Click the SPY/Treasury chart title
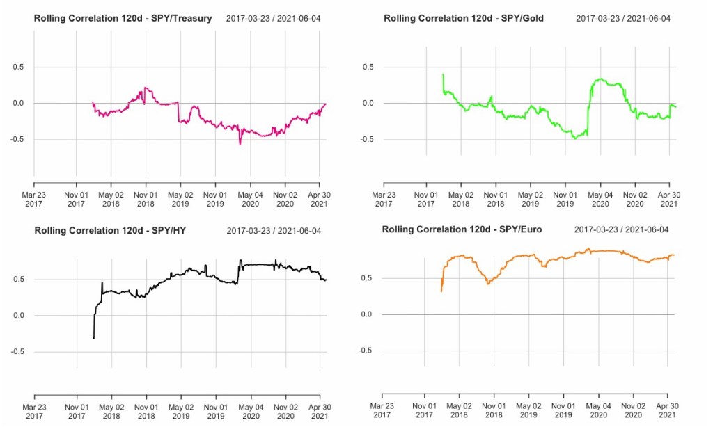tap(123, 18)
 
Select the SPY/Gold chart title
tap(464, 18)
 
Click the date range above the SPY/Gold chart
tap(623, 18)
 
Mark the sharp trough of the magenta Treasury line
tap(240, 144)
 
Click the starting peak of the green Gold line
tap(444, 74)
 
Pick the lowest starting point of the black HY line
tap(94, 338)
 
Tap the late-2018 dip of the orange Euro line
tap(488, 283)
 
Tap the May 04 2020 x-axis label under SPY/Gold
tap(600, 199)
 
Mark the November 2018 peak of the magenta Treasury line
tap(145, 88)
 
